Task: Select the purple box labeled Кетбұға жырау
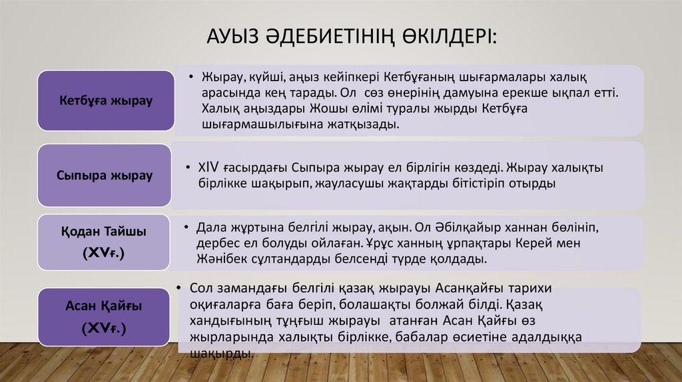[106, 100]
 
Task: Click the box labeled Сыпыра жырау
[105, 176]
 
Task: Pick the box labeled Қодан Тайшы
[105, 242]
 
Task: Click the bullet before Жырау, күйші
[190, 77]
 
